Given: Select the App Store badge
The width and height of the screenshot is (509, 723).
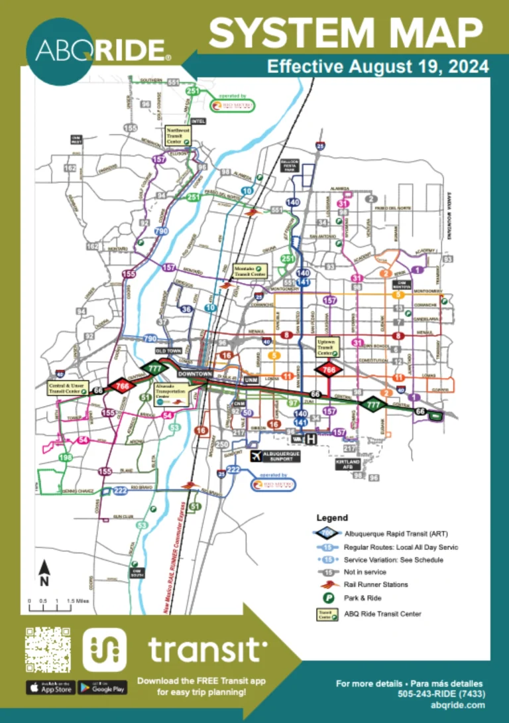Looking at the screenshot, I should (x=50, y=688).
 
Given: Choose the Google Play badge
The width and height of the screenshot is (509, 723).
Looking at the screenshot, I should (x=102, y=688).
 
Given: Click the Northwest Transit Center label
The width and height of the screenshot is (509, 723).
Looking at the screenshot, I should (x=178, y=136).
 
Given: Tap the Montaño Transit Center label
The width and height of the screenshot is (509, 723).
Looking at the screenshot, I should (x=250, y=270).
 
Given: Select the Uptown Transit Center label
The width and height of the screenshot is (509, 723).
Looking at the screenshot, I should (x=328, y=347).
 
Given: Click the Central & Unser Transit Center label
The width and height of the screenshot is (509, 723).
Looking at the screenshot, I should (x=64, y=388).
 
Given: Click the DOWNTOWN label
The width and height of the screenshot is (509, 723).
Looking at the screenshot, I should (x=194, y=374).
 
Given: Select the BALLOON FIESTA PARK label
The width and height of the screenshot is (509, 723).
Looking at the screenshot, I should (x=292, y=165).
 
